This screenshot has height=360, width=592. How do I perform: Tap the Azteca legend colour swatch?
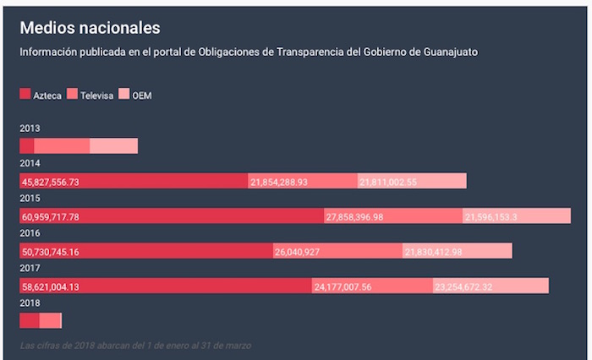pyautogui.click(x=25, y=95)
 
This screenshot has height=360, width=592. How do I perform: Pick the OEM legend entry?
pyautogui.click(x=135, y=95)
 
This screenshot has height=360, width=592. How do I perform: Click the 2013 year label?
pyautogui.click(x=30, y=129)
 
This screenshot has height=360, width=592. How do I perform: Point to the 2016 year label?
pyautogui.click(x=30, y=233)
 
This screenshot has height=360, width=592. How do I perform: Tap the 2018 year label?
pyautogui.click(x=30, y=303)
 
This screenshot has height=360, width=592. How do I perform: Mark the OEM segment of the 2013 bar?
pyautogui.click(x=113, y=146)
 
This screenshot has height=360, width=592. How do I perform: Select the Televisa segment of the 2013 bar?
pyautogui.click(x=62, y=146)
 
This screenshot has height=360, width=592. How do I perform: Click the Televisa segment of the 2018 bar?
pyautogui.click(x=51, y=320)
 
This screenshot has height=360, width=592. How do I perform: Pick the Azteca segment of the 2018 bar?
pyautogui.click(x=30, y=320)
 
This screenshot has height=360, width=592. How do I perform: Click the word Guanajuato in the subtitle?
pyautogui.click(x=449, y=52)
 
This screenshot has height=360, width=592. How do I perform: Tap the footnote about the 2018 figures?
pyautogui.click(x=135, y=346)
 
